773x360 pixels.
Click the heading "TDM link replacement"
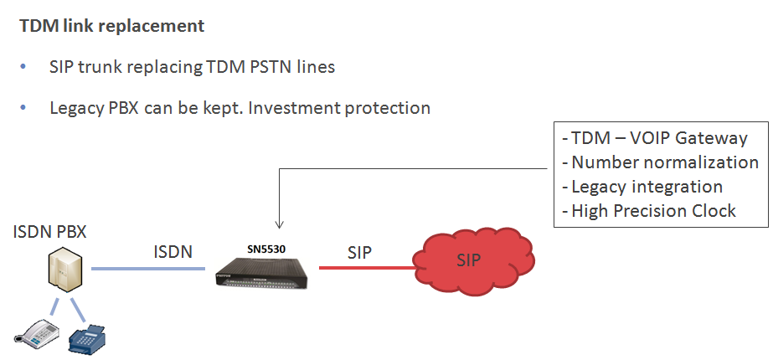(112, 26)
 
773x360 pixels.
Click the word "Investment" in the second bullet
(294, 107)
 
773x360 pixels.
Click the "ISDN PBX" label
(49, 231)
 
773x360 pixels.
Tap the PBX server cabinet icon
(64, 270)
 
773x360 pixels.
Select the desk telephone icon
(37, 332)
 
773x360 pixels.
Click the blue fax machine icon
(87, 338)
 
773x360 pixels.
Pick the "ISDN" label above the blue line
(173, 252)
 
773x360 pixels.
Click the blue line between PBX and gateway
(148, 269)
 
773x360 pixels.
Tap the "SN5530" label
(266, 249)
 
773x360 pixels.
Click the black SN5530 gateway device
(264, 274)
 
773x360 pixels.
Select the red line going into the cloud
(366, 268)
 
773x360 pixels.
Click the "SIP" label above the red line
(360, 253)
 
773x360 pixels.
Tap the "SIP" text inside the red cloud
(468, 260)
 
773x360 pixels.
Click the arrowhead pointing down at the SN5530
(279, 225)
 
